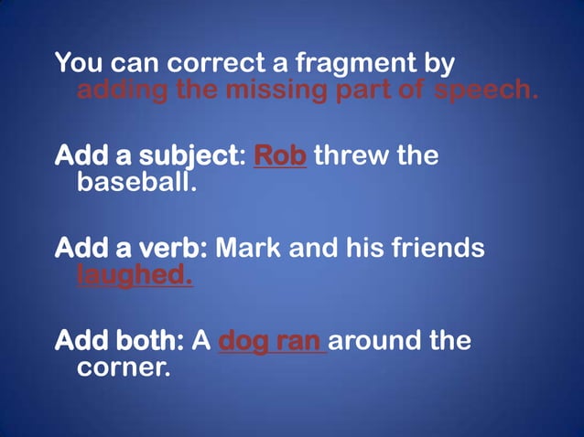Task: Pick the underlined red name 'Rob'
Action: tap(279, 155)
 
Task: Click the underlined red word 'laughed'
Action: tap(135, 274)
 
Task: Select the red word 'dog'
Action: tap(244, 341)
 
